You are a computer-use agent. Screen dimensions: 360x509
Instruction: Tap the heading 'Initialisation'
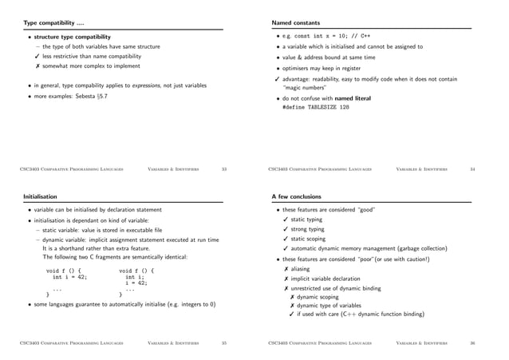tap(43, 196)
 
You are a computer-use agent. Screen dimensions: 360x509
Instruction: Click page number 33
tap(224, 169)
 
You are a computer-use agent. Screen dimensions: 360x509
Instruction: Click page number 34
tap(472, 169)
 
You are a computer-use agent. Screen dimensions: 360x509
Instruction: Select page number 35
tap(224, 343)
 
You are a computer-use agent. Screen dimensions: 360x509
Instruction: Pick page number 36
tap(472, 343)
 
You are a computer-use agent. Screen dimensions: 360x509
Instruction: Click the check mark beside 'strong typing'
tap(286, 229)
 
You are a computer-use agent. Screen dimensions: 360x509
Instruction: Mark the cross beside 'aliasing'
tap(286, 269)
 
